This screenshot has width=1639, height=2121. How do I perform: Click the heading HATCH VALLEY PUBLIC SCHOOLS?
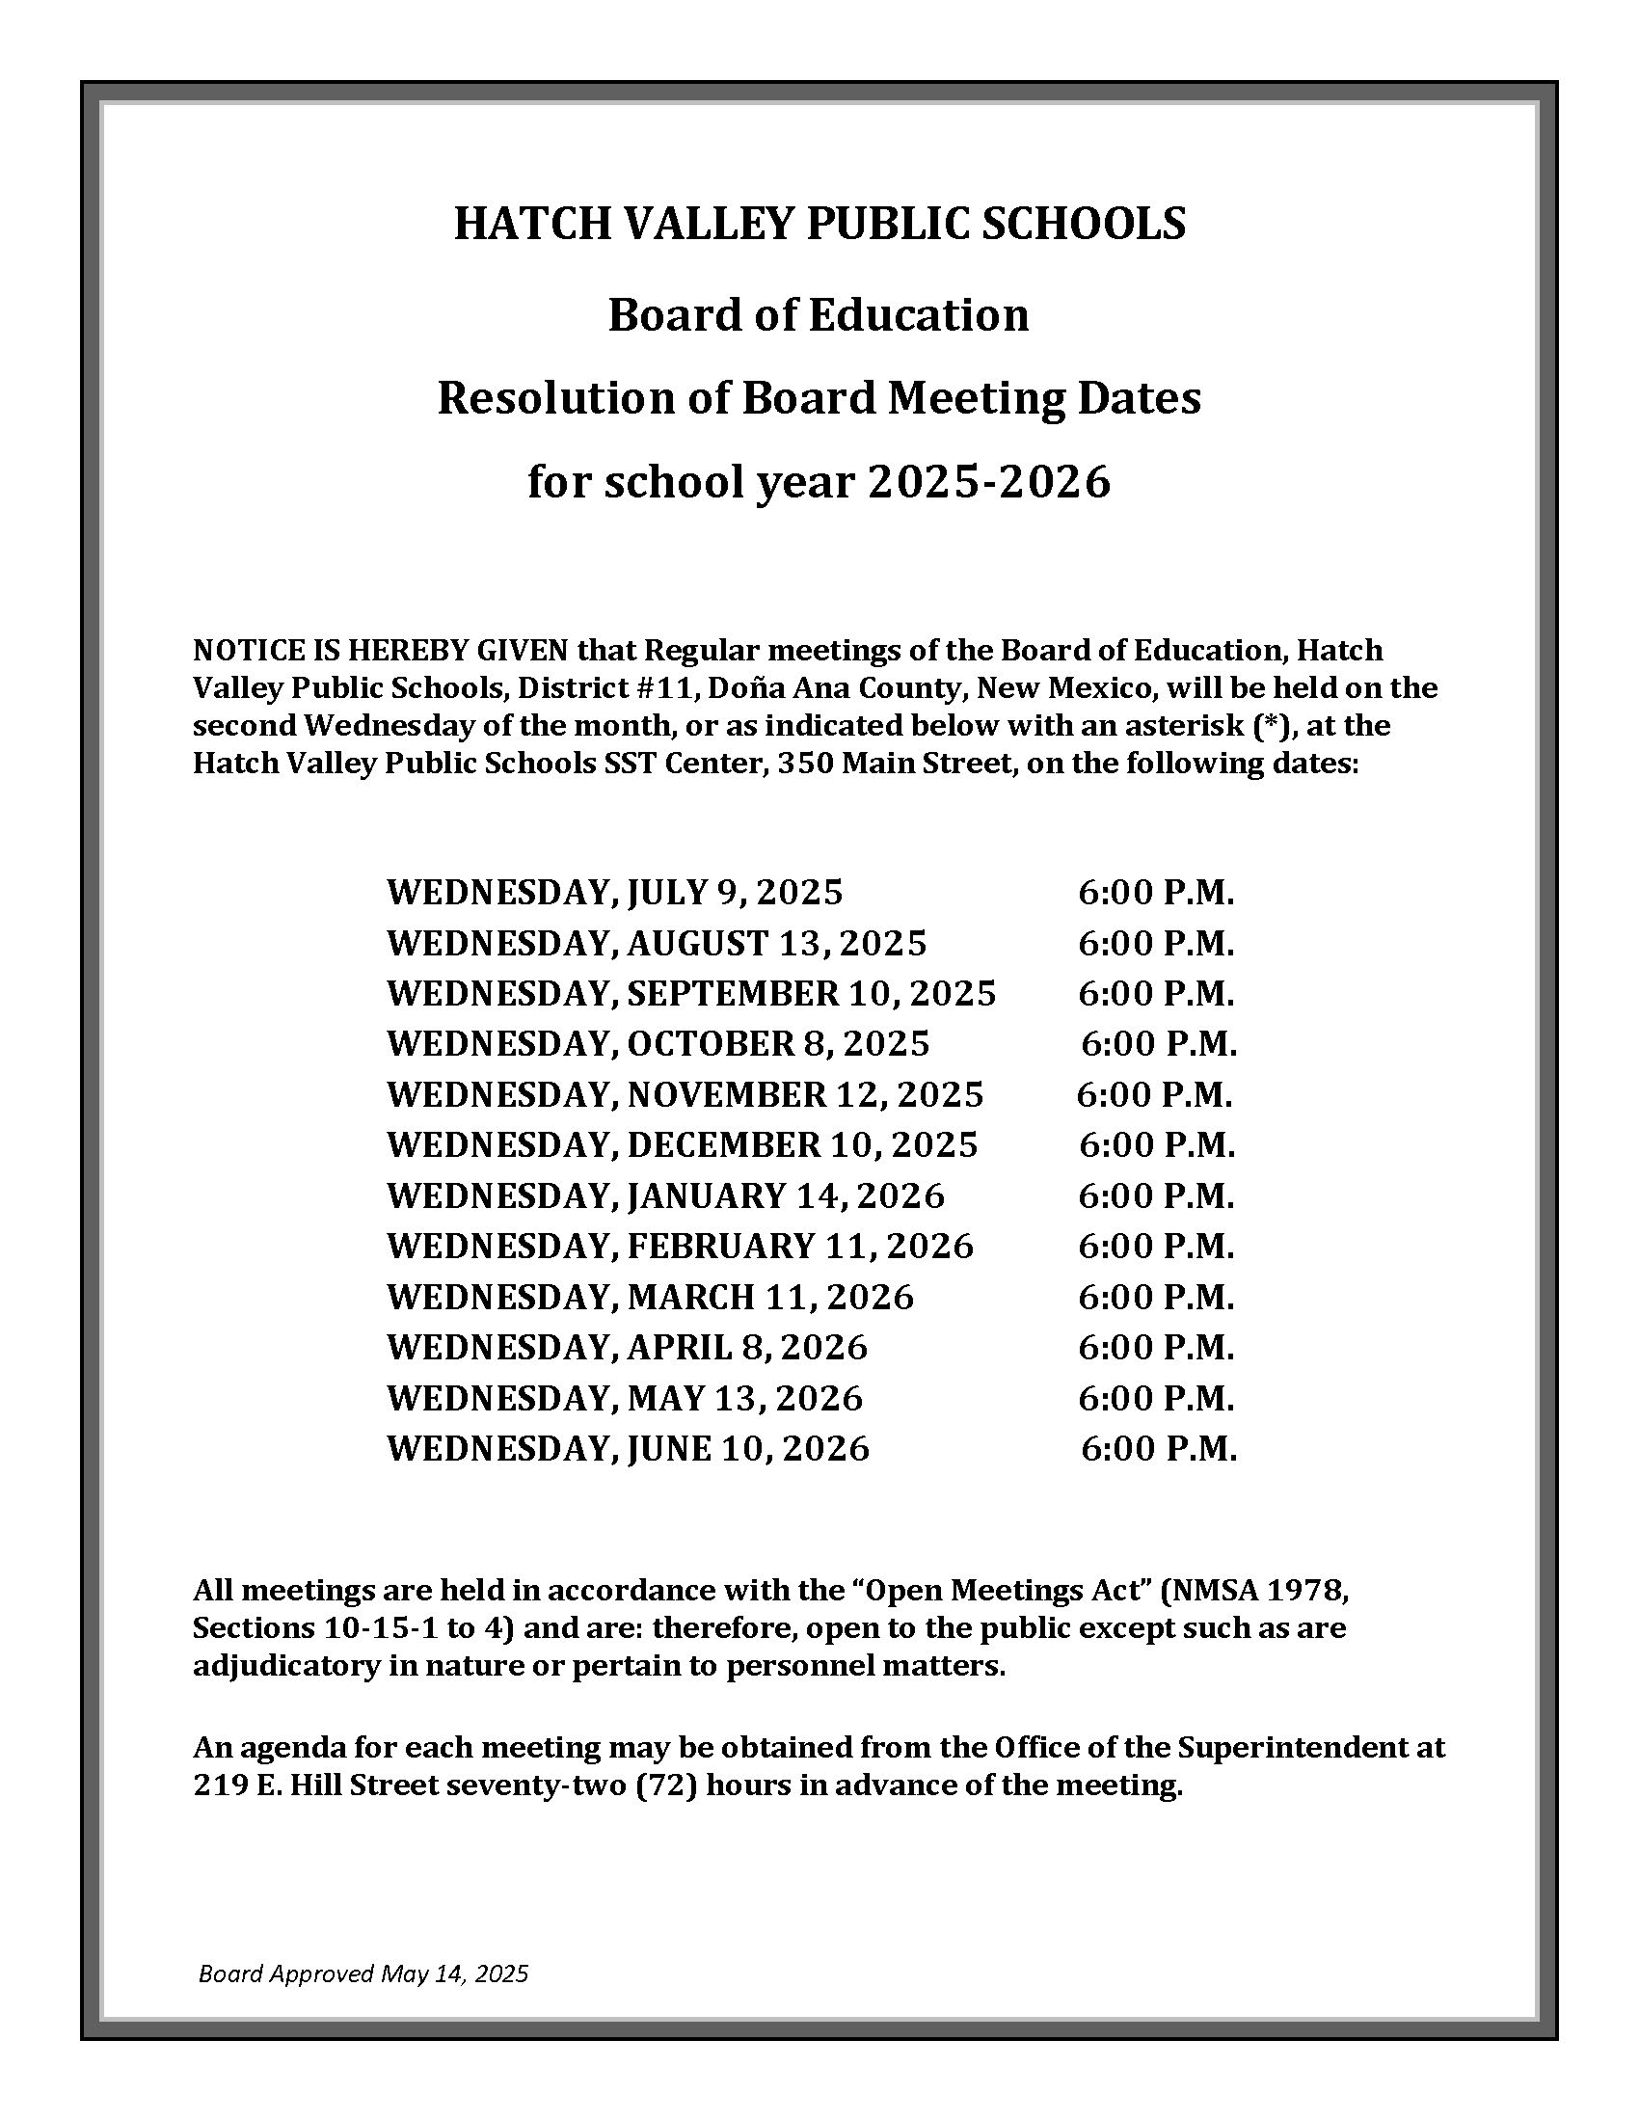tap(819, 225)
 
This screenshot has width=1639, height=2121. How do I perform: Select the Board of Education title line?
tap(819, 314)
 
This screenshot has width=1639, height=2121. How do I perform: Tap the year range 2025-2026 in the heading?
tap(988, 482)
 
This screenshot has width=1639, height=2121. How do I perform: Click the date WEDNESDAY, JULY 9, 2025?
tap(615, 892)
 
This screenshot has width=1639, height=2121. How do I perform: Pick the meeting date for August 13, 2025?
tap(657, 942)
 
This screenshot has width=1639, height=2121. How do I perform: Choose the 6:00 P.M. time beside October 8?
tap(1158, 1043)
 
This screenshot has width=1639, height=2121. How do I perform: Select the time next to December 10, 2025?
tap(1156, 1145)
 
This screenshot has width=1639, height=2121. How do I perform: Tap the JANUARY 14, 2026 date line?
tap(665, 1195)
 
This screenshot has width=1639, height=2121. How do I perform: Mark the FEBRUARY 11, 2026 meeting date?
tap(680, 1246)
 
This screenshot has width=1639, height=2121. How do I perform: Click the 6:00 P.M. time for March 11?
tap(1155, 1297)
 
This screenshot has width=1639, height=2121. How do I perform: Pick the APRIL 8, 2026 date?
tap(628, 1347)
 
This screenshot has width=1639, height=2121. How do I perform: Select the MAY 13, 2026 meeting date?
tap(625, 1398)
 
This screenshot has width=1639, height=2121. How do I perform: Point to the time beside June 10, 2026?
tap(1158, 1448)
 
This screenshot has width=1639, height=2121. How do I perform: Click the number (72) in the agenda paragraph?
tap(667, 1785)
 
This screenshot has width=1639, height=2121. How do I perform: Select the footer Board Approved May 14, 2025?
tap(363, 1973)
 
